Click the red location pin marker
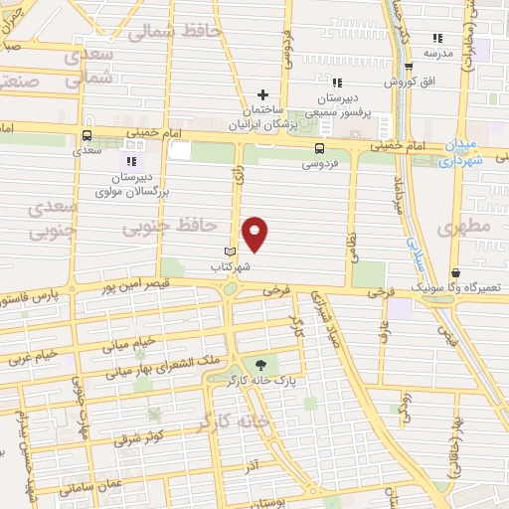(255, 233)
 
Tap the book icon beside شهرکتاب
(231, 252)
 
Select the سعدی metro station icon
(87, 137)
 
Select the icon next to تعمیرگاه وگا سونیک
(455, 272)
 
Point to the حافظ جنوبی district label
(171, 228)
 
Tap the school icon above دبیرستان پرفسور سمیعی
(337, 83)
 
